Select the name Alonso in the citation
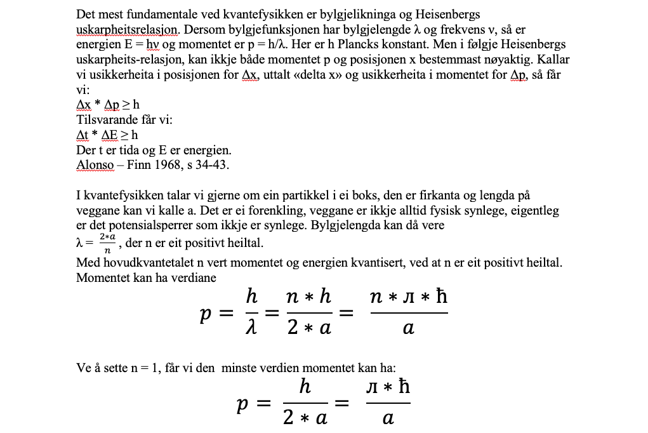[x=95, y=166]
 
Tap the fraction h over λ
[x=251, y=312]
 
